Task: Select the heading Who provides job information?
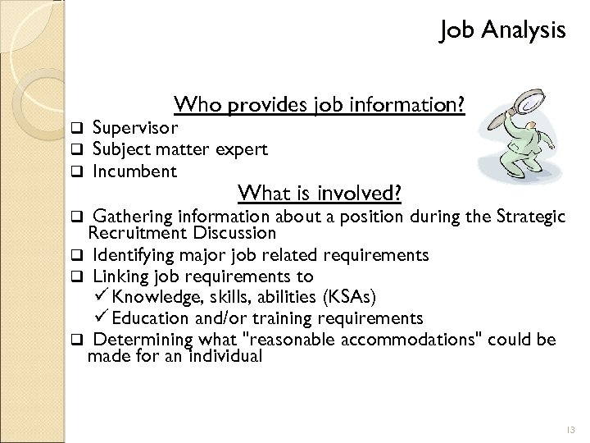pyautogui.click(x=320, y=106)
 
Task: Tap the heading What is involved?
pyautogui.click(x=319, y=193)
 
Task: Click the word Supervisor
pyautogui.click(x=136, y=128)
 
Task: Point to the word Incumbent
pyautogui.click(x=134, y=171)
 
